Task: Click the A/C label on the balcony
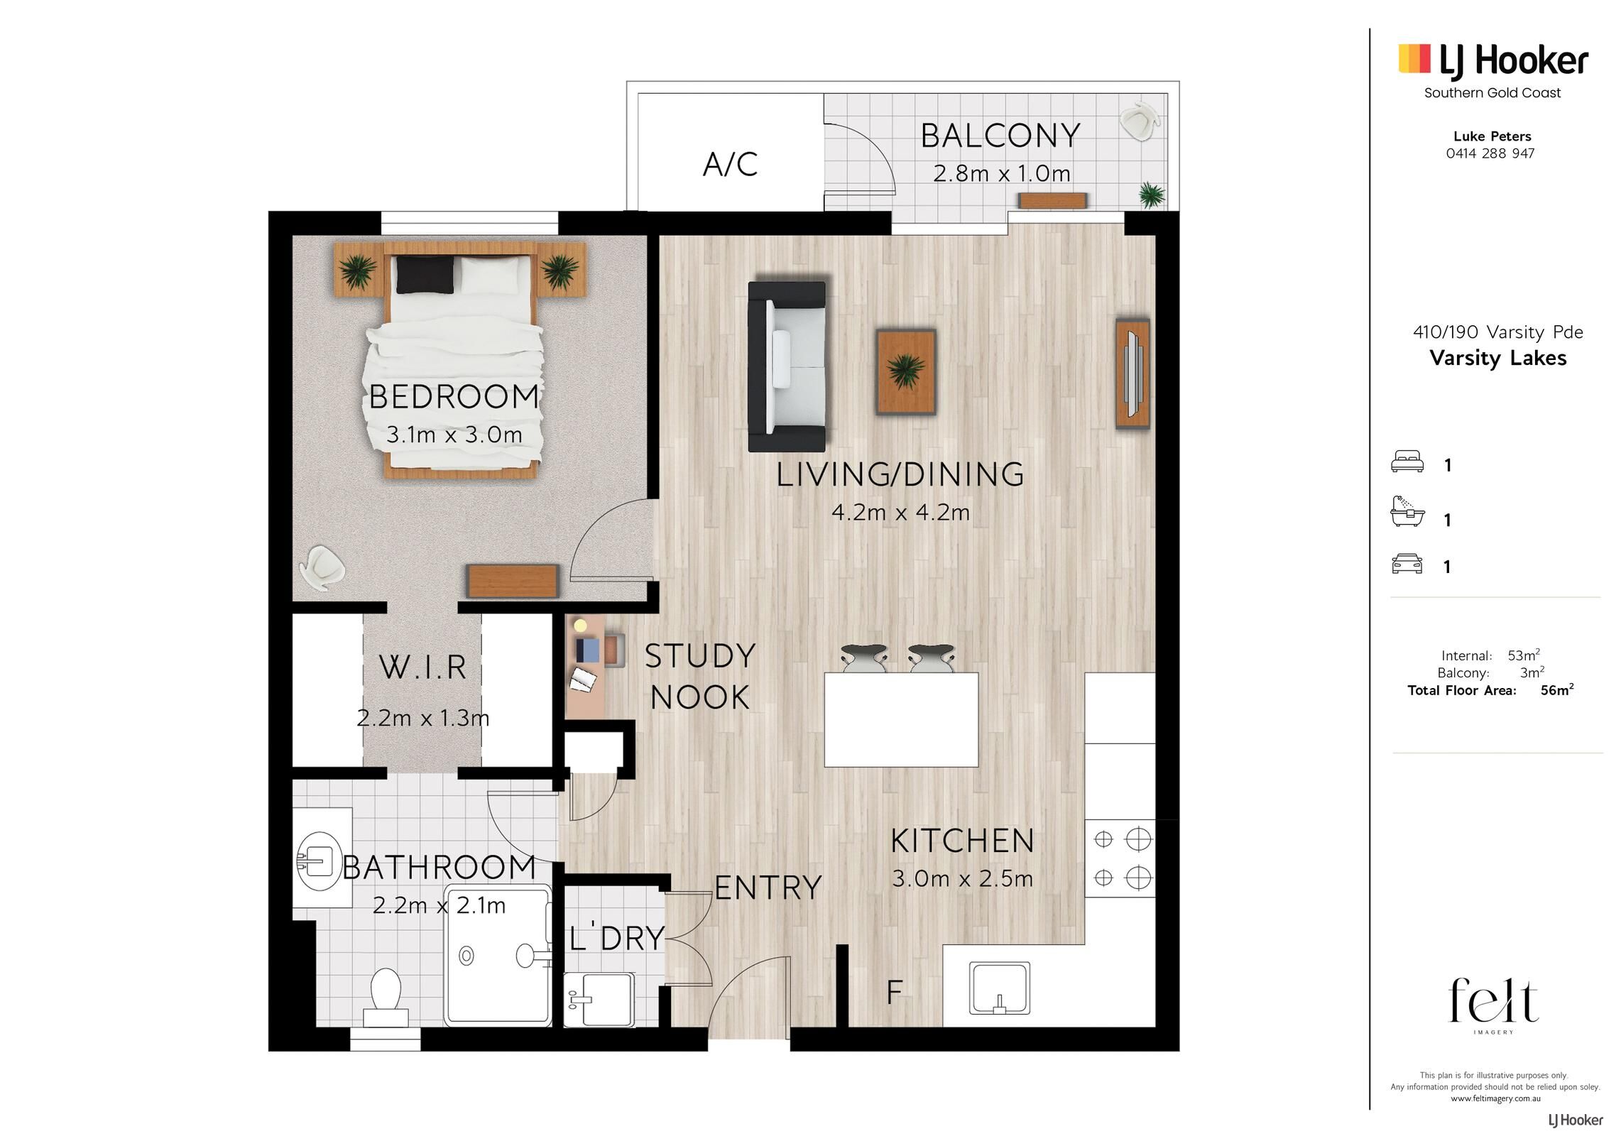[730, 164]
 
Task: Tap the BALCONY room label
[1000, 136]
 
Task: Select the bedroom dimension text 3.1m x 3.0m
[454, 435]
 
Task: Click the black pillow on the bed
[425, 275]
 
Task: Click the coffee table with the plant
[906, 372]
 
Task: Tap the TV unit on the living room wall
[1132, 373]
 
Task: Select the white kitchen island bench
[901, 720]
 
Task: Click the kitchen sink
[1000, 988]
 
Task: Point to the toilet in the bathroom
[386, 996]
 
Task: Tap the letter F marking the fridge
[895, 991]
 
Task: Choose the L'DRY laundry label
[616, 938]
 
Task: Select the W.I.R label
[423, 667]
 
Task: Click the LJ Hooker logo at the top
[1493, 60]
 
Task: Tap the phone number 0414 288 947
[1490, 153]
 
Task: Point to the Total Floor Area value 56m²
[1557, 689]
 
